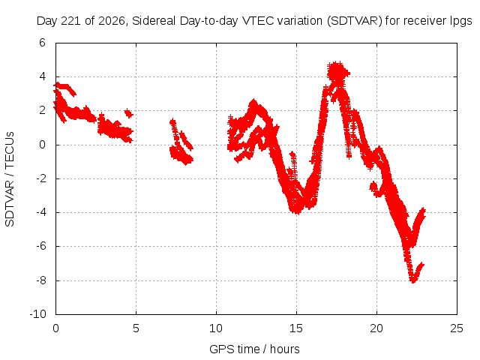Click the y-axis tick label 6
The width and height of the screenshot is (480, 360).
click(42, 43)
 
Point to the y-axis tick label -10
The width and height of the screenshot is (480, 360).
click(38, 314)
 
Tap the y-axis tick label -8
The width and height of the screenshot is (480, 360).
click(40, 280)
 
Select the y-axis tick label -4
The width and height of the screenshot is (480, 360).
click(40, 212)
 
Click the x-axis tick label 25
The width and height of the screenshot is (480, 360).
click(457, 328)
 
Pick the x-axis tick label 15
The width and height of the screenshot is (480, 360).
click(296, 328)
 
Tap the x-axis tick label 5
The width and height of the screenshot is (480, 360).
click(136, 328)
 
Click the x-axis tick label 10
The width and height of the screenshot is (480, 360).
click(216, 328)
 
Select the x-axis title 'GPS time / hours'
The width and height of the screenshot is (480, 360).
click(254, 349)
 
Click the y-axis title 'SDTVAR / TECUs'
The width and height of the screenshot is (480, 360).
click(10, 179)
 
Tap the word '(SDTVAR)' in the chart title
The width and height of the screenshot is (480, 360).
click(355, 21)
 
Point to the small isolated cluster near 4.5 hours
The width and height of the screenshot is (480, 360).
click(129, 113)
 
